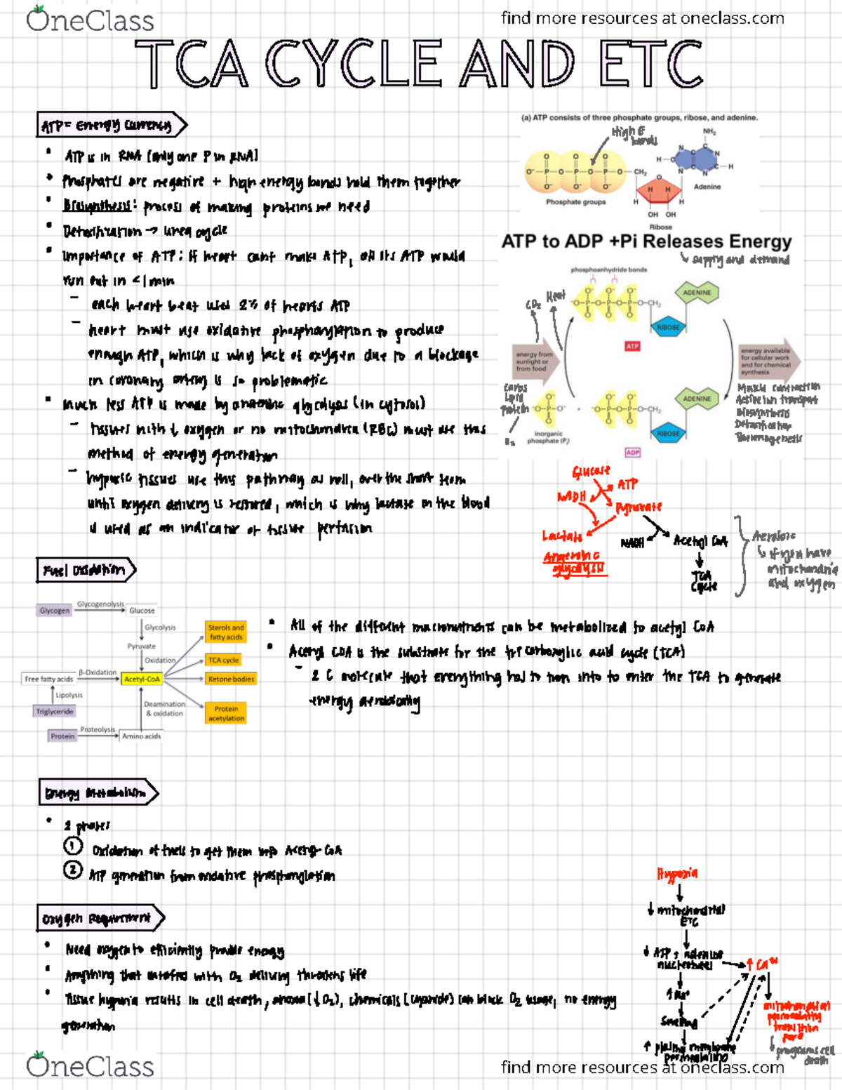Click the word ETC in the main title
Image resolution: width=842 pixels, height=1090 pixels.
[650, 64]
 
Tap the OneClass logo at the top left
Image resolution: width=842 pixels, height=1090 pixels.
[90, 20]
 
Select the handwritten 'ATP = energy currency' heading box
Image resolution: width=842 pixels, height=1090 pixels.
[111, 126]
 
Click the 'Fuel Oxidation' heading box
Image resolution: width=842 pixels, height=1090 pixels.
[85, 570]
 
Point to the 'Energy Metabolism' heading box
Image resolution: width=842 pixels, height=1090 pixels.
[97, 793]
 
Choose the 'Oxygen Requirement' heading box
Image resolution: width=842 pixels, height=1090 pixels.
[100, 918]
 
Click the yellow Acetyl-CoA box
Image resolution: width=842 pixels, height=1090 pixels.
[142, 679]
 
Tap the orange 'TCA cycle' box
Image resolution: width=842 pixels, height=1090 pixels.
[224, 660]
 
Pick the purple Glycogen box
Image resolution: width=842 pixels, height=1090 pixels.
[55, 611]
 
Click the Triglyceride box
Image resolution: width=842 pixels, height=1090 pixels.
[55, 711]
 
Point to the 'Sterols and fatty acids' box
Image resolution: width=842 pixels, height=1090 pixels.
[226, 632]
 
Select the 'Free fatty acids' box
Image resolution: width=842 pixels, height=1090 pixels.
[48, 679]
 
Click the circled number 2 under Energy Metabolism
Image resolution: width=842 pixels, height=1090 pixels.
[73, 870]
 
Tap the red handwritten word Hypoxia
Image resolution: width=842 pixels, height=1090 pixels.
[677, 874]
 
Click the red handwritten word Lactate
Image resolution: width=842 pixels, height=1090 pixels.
[562, 536]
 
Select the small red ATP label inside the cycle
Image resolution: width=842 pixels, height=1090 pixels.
[632, 346]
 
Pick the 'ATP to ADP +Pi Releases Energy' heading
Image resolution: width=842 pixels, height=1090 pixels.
[646, 241]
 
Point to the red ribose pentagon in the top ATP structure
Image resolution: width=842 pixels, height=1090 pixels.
[658, 192]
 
